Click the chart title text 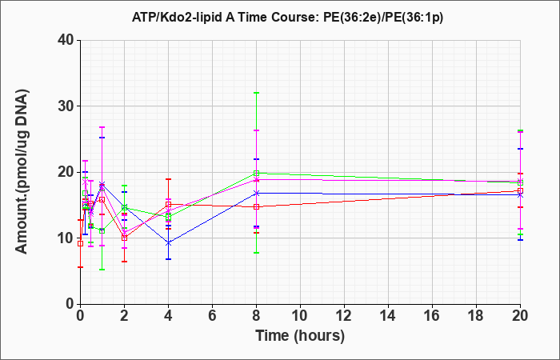(x=287, y=18)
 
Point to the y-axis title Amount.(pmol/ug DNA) (x=22, y=171)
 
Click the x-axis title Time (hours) (x=300, y=336)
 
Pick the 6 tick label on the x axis (x=212, y=316)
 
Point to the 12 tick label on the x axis (x=344, y=316)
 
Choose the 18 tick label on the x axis (x=476, y=316)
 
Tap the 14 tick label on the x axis (x=388, y=316)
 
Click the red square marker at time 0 (x=80, y=243)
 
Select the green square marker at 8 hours (x=256, y=174)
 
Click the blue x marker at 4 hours (x=168, y=243)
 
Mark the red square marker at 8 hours (x=256, y=206)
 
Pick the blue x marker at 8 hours (x=256, y=194)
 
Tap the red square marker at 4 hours (x=168, y=204)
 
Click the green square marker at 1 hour (x=102, y=230)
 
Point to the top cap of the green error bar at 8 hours (x=256, y=93)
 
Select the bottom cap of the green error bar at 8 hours (x=256, y=253)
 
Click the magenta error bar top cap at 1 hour (x=102, y=127)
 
